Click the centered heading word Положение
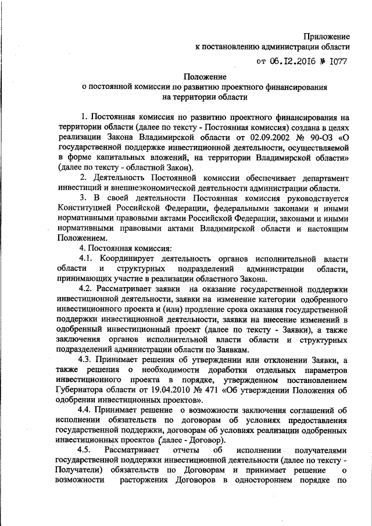[206, 76]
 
